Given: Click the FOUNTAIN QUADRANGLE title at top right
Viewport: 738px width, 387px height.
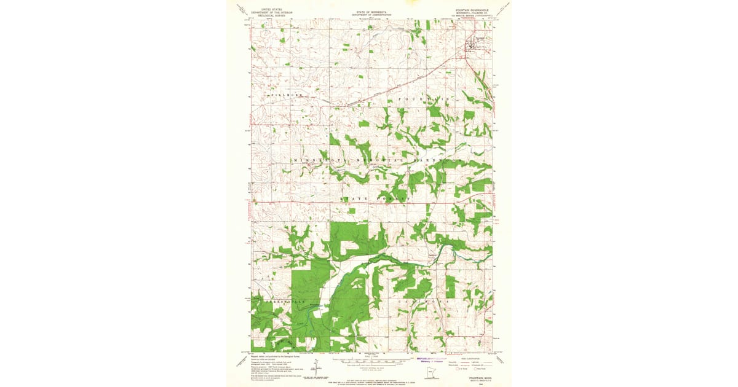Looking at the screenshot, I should point(472,10).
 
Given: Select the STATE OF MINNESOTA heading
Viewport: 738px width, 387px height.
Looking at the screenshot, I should point(369,10).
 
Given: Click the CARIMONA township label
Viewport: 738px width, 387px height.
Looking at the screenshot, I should point(424,302).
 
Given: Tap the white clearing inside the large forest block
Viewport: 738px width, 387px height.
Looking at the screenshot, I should point(349,246).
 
